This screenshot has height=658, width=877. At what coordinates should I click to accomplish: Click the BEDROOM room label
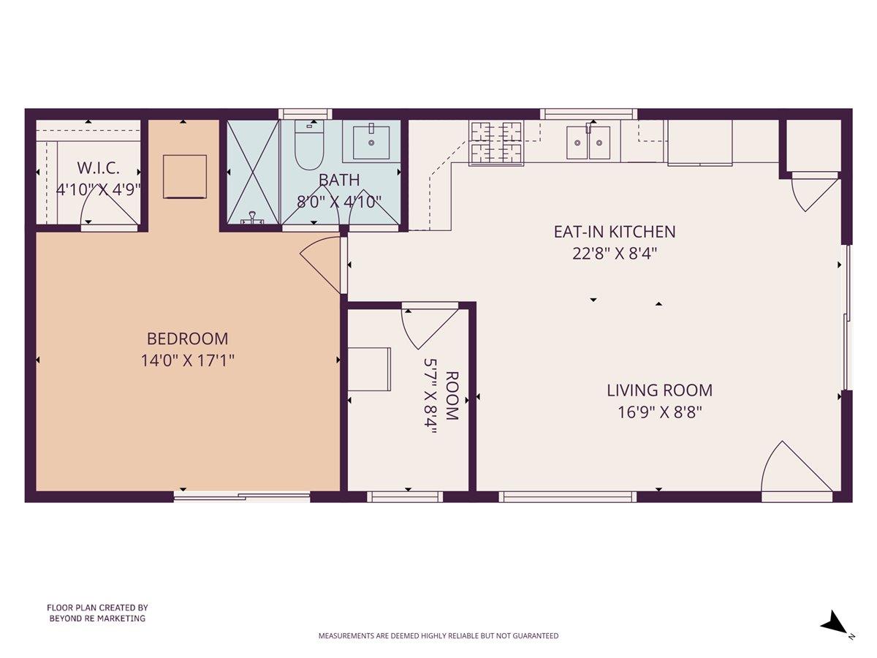pyautogui.click(x=187, y=339)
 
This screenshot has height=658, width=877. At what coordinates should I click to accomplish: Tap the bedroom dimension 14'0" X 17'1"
pyautogui.click(x=187, y=360)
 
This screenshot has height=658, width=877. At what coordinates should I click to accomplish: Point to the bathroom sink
pyautogui.click(x=371, y=142)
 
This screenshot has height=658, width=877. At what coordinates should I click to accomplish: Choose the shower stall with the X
pyautogui.click(x=253, y=172)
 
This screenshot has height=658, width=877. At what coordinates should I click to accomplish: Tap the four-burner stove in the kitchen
pyautogui.click(x=496, y=142)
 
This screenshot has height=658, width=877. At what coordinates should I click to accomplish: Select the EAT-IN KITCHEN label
pyautogui.click(x=614, y=232)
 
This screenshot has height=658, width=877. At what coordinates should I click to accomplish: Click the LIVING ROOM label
pyautogui.click(x=659, y=390)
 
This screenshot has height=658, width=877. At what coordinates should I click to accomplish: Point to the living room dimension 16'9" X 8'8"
pyautogui.click(x=659, y=412)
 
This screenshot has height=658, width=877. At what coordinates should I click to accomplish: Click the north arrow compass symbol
pyautogui.click(x=833, y=624)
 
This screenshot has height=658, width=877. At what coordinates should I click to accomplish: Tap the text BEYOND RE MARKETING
pyautogui.click(x=97, y=619)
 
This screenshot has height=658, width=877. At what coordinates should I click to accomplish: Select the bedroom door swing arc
pyautogui.click(x=322, y=262)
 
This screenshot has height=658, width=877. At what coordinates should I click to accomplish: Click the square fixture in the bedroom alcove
pyautogui.click(x=183, y=175)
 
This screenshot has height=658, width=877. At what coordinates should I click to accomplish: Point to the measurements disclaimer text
pyautogui.click(x=438, y=636)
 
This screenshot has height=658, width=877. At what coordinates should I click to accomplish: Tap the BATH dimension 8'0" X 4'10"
pyautogui.click(x=339, y=202)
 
